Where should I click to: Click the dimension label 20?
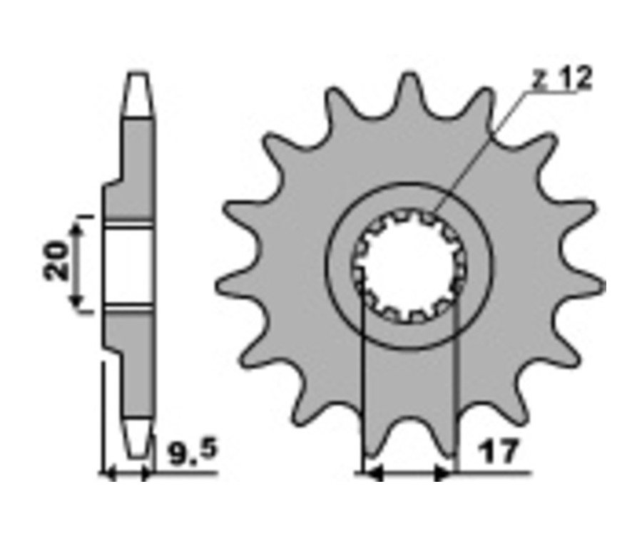(56, 262)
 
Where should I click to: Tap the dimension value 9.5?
(193, 452)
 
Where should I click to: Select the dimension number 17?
(499, 452)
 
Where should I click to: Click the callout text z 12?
(562, 79)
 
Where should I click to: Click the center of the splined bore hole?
(409, 265)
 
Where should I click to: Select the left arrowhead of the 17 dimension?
(373, 474)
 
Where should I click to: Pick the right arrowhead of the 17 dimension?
(442, 474)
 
